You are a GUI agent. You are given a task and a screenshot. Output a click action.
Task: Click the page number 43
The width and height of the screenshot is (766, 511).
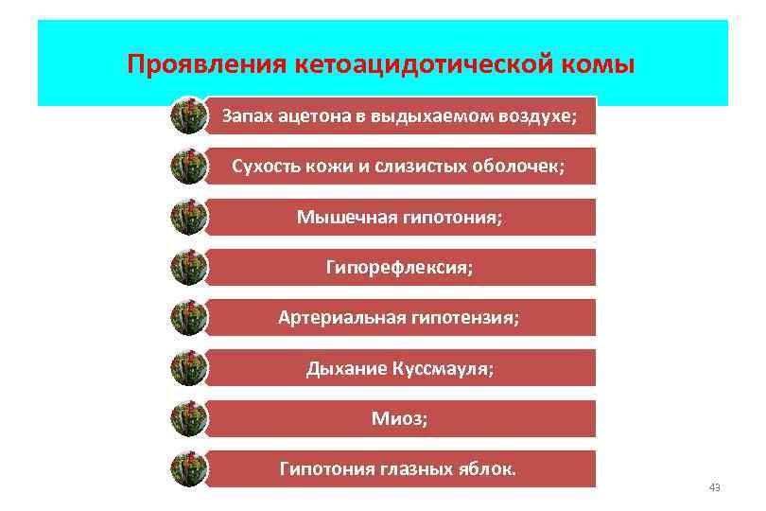click(714, 487)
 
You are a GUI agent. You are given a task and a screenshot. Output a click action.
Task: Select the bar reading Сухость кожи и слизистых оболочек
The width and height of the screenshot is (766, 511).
click(400, 167)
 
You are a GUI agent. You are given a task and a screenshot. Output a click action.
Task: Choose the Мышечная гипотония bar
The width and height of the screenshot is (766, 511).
click(400, 217)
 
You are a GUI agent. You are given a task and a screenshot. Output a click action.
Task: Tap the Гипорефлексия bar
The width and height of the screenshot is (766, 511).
click(400, 267)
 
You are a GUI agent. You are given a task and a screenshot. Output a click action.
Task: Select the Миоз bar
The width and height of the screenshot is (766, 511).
click(400, 418)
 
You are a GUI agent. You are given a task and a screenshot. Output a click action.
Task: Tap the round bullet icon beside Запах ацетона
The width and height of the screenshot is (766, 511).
click(188, 116)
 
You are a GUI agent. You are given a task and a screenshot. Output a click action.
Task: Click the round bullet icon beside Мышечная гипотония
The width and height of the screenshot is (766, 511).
click(188, 217)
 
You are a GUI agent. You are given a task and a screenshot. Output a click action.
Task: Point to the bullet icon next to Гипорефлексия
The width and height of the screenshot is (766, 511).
click(188, 267)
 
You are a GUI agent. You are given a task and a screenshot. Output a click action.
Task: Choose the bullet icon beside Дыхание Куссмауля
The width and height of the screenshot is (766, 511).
click(188, 368)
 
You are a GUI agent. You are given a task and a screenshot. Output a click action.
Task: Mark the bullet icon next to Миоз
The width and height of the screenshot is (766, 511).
click(188, 418)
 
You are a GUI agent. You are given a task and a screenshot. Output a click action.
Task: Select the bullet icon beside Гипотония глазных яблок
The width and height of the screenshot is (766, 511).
click(188, 468)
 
